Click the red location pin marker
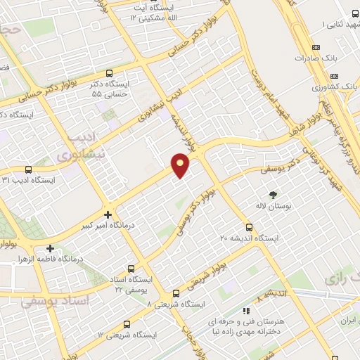[x=181, y=165]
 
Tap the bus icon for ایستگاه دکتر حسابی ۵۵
[x=108, y=72]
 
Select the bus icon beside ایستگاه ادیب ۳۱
[x=28, y=169]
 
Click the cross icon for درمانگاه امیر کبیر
[x=108, y=214]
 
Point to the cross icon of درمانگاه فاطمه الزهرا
[x=50, y=248]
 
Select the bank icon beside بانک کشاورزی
[x=334, y=76]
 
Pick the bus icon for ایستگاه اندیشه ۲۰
[x=249, y=226]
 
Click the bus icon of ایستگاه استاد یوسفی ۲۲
[x=131, y=268]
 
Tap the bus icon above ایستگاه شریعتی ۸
[x=176, y=293]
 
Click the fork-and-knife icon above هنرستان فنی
[x=245, y=310]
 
